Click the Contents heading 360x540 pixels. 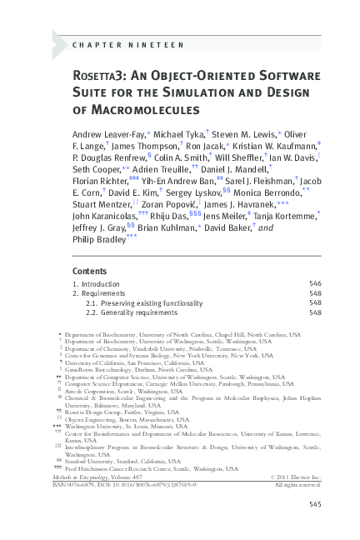click(89, 271)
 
